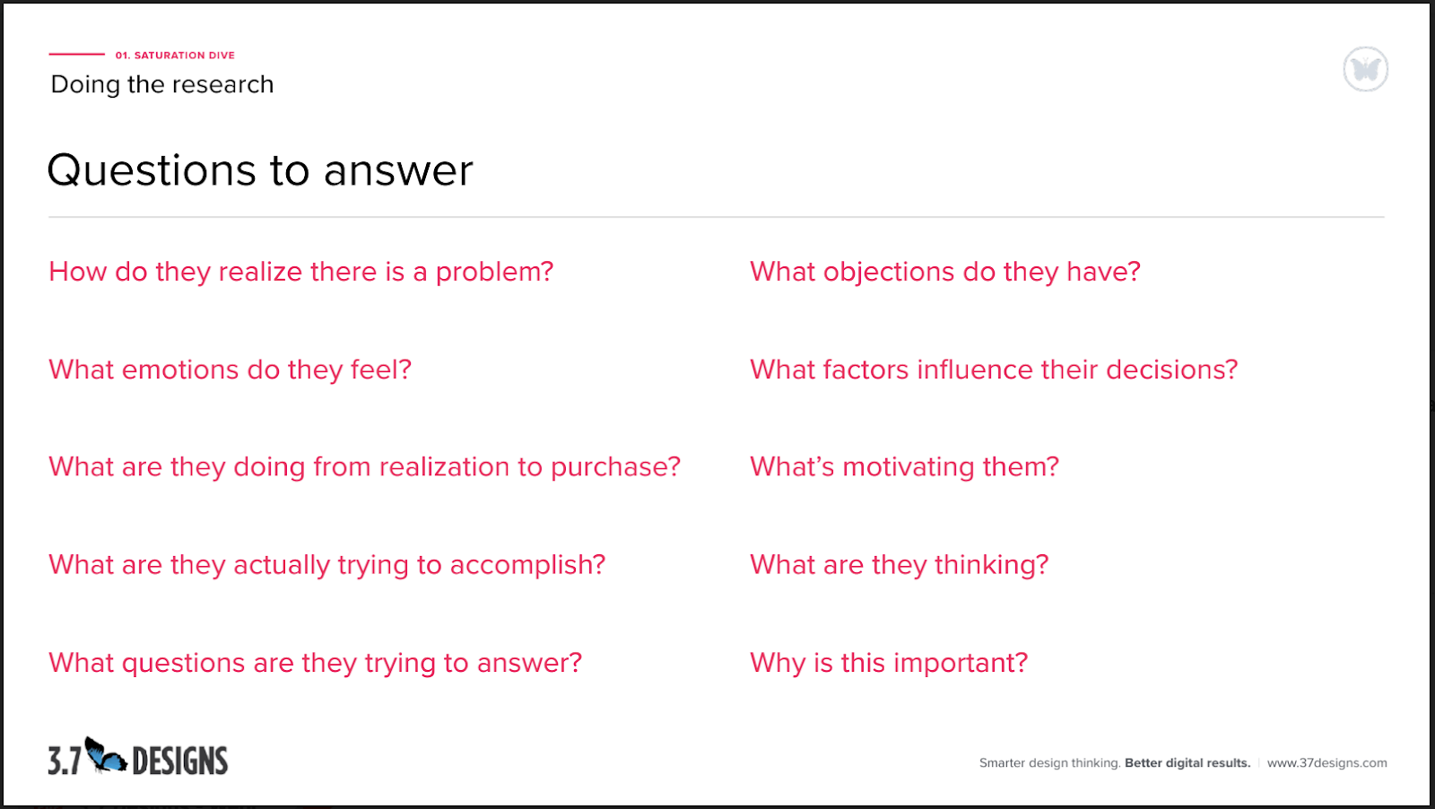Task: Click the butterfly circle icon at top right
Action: [x=1365, y=69]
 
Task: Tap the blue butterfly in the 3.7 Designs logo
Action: [x=106, y=756]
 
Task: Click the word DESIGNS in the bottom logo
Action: [x=179, y=761]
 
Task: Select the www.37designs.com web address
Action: [x=1326, y=763]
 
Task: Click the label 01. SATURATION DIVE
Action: [x=175, y=56]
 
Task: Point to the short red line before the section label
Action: [x=76, y=55]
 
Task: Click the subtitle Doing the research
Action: [x=162, y=84]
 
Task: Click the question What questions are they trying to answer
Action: [x=315, y=663]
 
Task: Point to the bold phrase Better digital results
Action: [x=1187, y=763]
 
